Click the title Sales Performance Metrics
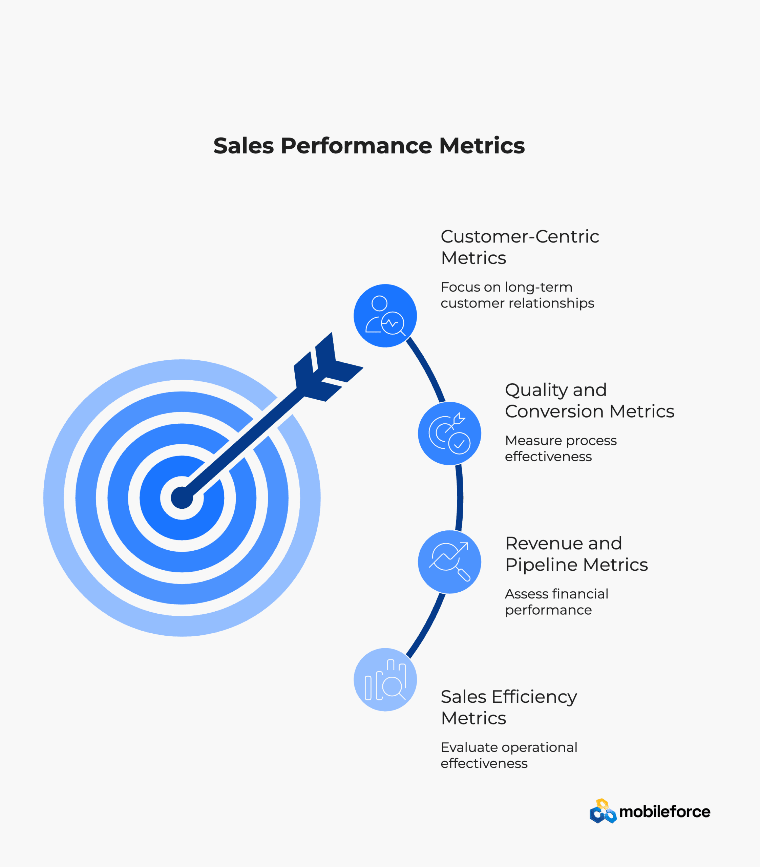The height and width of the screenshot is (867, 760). [x=369, y=146]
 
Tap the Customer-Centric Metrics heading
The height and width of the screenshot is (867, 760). [x=520, y=247]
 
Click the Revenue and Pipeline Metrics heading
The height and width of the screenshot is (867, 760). [x=576, y=553]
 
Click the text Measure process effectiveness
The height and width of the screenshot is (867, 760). [x=560, y=448]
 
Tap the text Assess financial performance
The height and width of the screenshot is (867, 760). [x=556, y=601]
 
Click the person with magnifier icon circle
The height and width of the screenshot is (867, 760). [x=385, y=316]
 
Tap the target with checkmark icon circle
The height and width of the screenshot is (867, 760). [x=449, y=433]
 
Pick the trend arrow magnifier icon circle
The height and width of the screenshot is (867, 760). [x=449, y=562]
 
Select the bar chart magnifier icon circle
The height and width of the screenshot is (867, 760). [x=385, y=679]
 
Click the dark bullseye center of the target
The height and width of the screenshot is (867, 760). [x=182, y=498]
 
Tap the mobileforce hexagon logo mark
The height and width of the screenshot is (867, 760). [x=603, y=811]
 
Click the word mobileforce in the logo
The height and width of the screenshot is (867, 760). [x=664, y=812]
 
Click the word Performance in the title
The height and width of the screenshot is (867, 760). [x=356, y=146]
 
